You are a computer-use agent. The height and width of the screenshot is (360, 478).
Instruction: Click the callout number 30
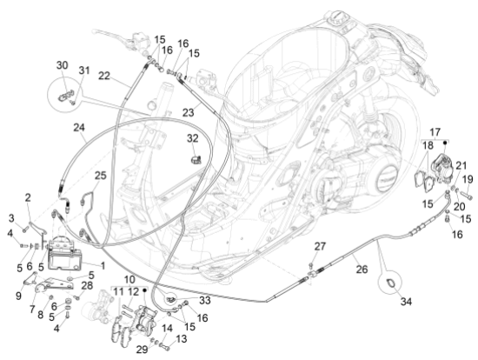(62, 65)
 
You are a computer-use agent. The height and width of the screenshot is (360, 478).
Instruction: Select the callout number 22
(103, 77)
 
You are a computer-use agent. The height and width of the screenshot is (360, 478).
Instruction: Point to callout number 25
(101, 176)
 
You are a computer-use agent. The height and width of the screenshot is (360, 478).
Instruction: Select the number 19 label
(467, 179)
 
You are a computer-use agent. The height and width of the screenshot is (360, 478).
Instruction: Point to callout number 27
(319, 247)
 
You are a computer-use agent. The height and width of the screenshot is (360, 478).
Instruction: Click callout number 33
(205, 300)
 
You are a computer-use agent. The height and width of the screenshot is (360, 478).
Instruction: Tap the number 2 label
(28, 197)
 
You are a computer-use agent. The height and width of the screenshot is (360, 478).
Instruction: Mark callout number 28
(87, 285)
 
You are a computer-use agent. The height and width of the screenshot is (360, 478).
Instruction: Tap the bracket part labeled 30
(63, 87)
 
